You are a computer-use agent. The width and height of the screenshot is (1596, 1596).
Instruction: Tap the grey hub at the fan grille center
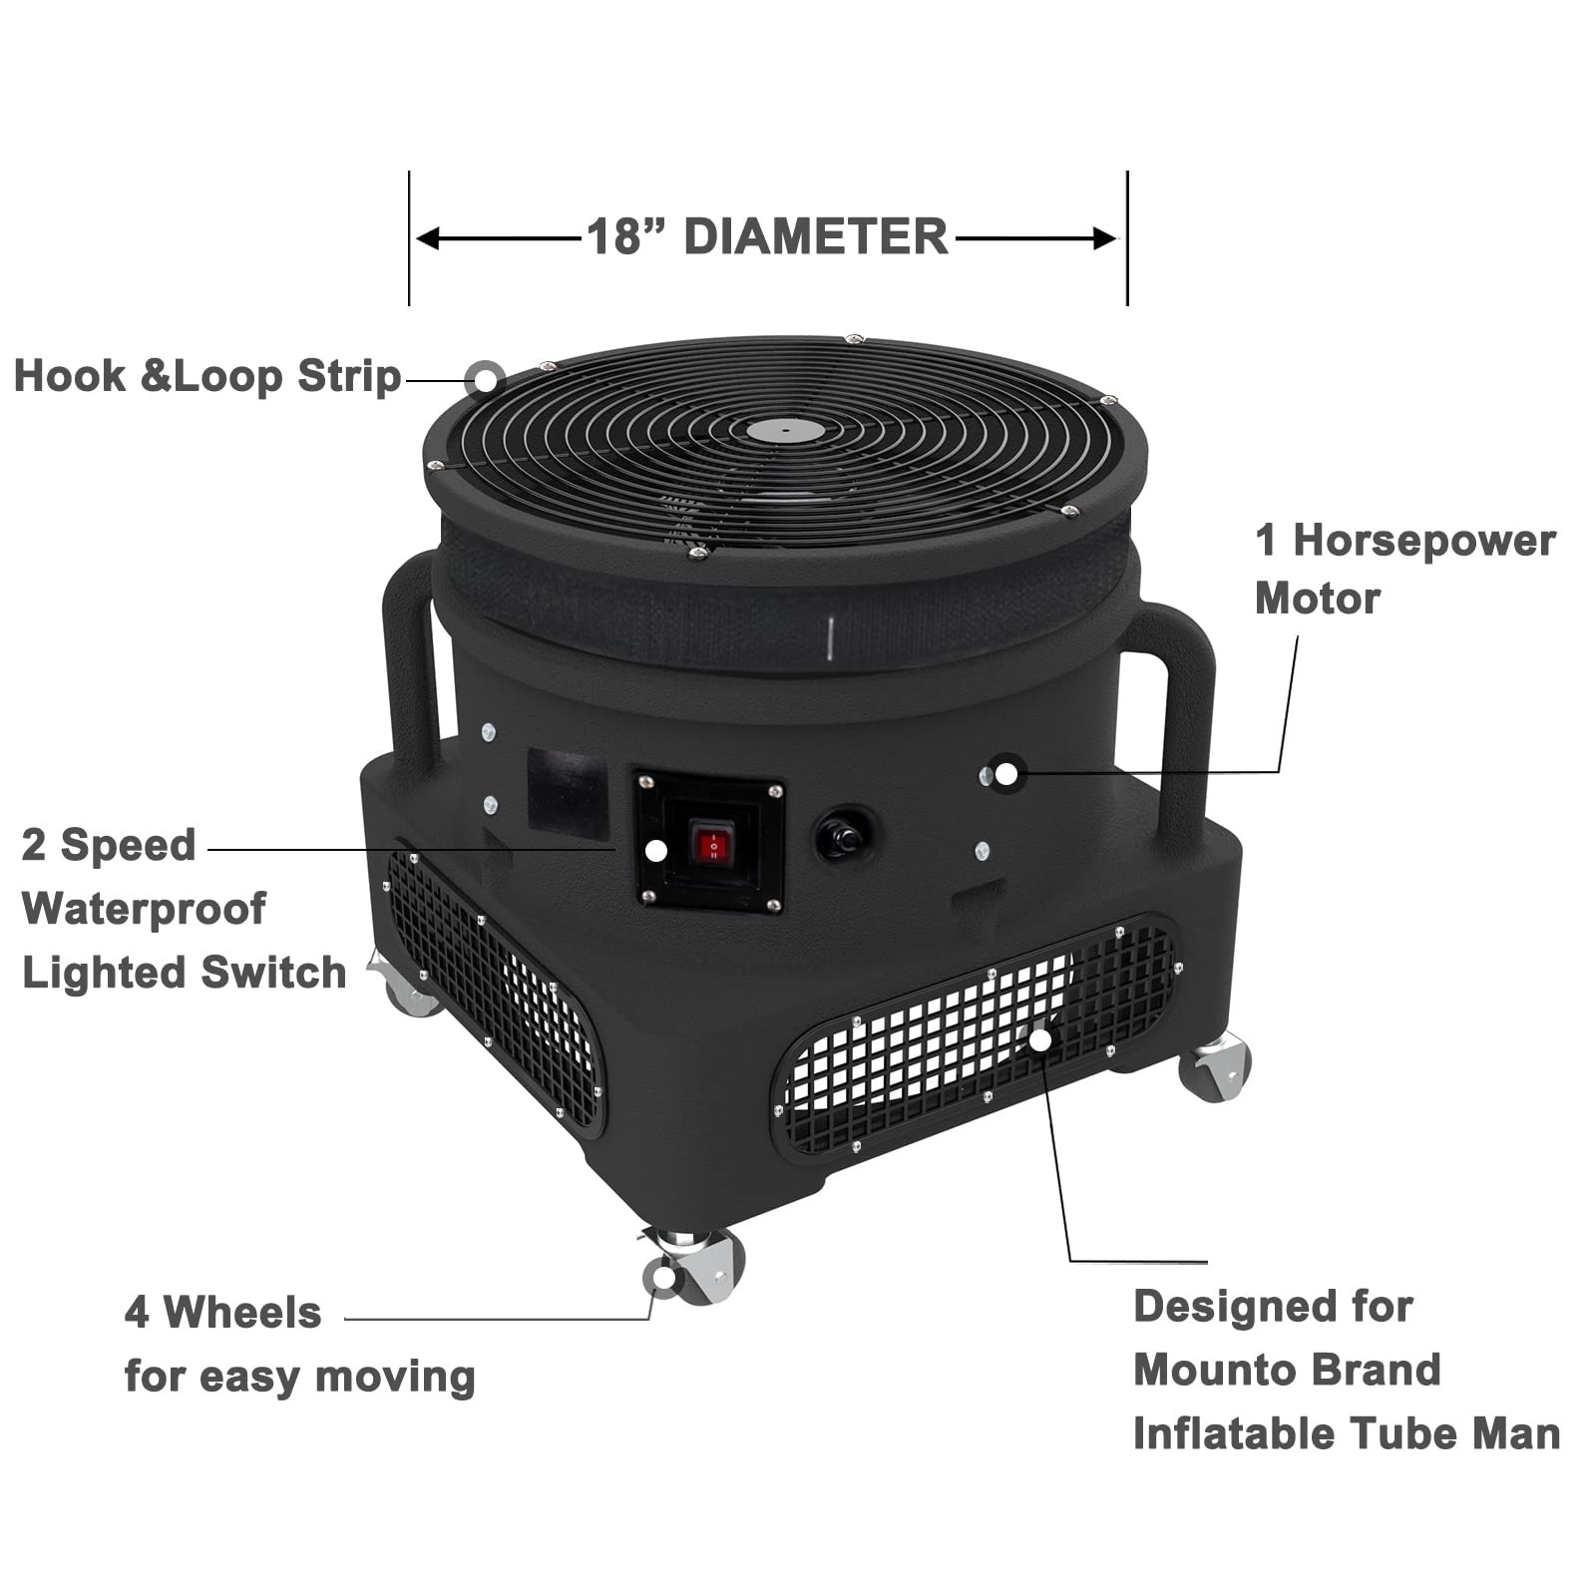tap(786, 430)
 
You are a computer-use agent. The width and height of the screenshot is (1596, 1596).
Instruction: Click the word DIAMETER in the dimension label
tap(816, 237)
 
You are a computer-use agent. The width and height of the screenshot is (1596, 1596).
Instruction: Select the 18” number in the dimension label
tap(628, 237)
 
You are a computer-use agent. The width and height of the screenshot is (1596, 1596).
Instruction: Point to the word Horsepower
tap(1424, 541)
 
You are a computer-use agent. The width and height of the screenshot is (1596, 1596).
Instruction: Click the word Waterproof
tap(144, 909)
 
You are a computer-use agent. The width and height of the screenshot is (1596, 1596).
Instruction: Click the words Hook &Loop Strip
tap(207, 376)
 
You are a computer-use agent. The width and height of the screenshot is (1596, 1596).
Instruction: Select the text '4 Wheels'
tap(222, 1313)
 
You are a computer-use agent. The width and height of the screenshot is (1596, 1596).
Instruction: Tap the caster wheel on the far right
tap(1216, 1067)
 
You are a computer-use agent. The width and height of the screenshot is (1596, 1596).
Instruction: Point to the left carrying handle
tap(412, 658)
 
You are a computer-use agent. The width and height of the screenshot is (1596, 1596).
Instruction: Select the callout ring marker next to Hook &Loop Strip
tap(486, 379)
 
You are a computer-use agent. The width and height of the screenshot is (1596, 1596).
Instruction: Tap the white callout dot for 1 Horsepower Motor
tap(1006, 773)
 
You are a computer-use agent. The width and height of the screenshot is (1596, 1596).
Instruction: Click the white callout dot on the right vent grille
tap(1040, 1039)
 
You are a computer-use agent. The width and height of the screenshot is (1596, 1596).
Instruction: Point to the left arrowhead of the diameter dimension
tap(428, 239)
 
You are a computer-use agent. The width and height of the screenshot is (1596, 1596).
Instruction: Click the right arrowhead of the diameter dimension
tap(1104, 239)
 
